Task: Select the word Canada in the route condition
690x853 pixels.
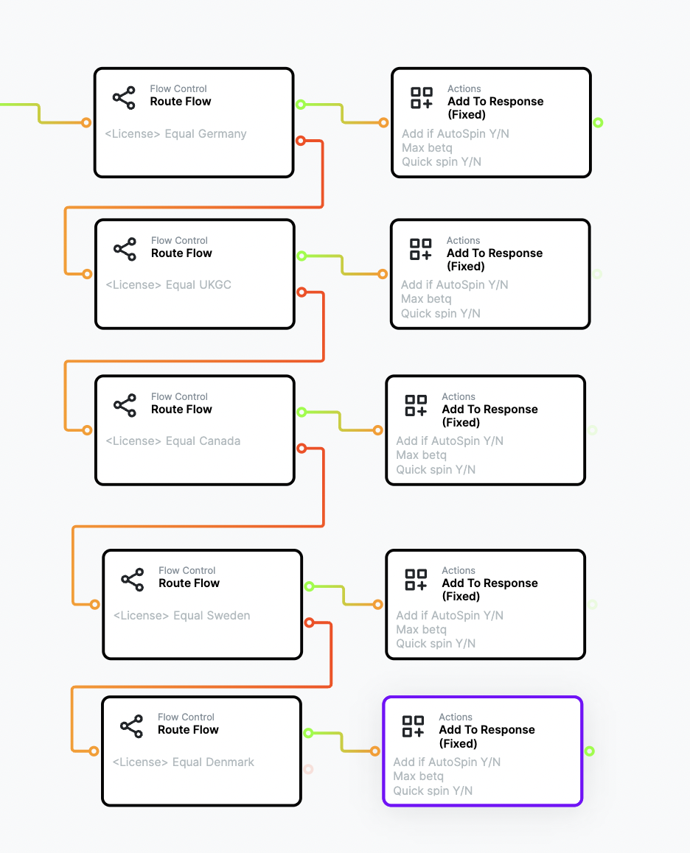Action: [219, 440]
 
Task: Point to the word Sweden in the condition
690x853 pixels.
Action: [229, 615]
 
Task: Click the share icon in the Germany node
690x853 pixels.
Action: [124, 97]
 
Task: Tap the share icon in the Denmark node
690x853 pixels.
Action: [132, 726]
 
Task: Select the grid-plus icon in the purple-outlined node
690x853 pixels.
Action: [414, 726]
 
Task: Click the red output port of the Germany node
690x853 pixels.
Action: [301, 141]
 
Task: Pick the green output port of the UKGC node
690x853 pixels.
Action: [302, 256]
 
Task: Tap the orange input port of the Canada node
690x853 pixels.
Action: [87, 430]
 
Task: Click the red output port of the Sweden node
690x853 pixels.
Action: [310, 622]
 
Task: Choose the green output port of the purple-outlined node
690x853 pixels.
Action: [589, 751]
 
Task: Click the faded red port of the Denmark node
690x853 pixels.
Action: [308, 769]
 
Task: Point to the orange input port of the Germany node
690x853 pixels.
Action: [86, 122]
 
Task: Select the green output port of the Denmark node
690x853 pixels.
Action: [308, 734]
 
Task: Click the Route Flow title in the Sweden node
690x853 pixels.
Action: [189, 583]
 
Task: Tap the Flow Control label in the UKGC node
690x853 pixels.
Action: [179, 240]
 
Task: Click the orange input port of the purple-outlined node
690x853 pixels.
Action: [374, 751]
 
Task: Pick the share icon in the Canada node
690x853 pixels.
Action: [125, 405]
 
